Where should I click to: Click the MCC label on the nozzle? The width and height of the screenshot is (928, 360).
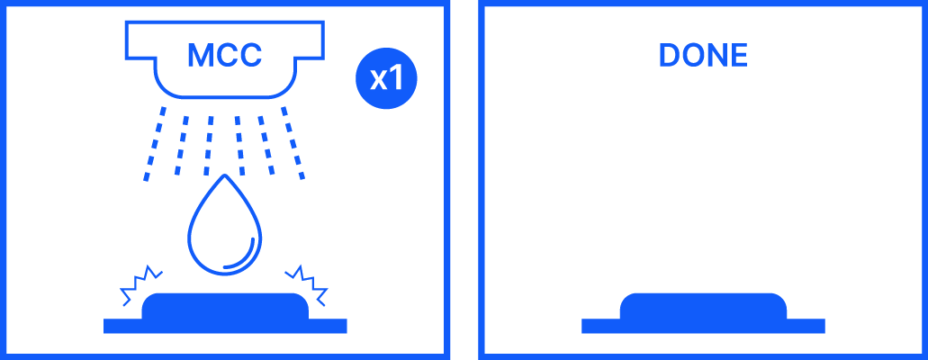click(x=224, y=56)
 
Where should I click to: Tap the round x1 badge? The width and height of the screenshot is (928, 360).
click(x=386, y=79)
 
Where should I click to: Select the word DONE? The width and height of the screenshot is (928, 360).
click(x=703, y=56)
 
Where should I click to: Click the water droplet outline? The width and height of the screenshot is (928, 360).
click(x=225, y=229)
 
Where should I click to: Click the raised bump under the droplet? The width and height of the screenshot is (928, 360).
click(x=225, y=306)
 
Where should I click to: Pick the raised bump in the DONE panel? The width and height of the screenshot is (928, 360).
click(x=703, y=306)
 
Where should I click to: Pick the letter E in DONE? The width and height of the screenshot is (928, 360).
click(x=738, y=56)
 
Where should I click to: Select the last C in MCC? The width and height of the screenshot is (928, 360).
click(x=248, y=56)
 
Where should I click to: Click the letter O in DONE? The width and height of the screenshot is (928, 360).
click(x=691, y=56)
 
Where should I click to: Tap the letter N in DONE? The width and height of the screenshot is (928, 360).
click(x=716, y=56)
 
